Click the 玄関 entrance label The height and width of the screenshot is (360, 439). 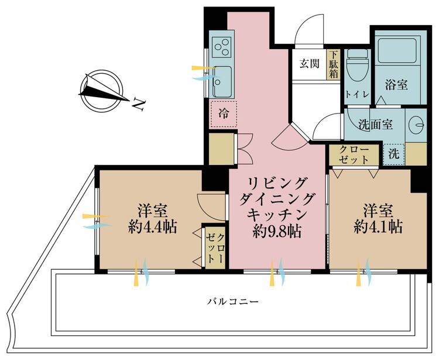click(x=309, y=64)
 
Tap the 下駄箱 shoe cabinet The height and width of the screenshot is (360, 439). click(x=334, y=64)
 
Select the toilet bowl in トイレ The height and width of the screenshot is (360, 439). click(x=357, y=67)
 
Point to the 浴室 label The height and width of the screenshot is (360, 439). click(x=396, y=84)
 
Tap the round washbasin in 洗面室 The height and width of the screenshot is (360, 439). click(x=416, y=125)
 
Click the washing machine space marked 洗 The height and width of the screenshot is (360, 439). click(x=394, y=155)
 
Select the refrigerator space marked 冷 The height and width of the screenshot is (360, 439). click(x=224, y=114)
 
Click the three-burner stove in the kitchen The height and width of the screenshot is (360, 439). click(x=221, y=47)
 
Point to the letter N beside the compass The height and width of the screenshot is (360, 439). click(x=138, y=104)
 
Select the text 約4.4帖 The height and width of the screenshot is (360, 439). click(x=153, y=227)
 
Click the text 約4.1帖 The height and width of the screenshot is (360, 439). click(x=378, y=227)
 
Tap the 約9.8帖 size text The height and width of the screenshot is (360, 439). click(x=277, y=231)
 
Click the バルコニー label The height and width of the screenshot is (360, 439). click(x=233, y=302)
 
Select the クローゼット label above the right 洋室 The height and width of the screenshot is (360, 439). click(x=354, y=155)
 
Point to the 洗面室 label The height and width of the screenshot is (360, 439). click(x=376, y=124)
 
